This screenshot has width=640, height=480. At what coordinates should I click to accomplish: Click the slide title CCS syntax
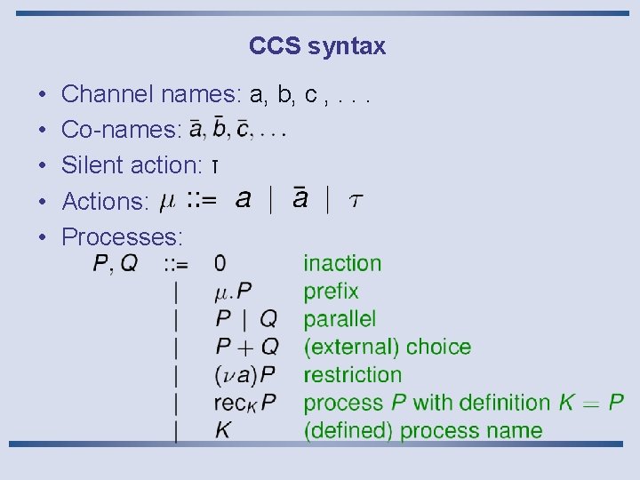(x=317, y=46)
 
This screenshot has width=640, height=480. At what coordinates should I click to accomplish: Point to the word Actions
(x=104, y=202)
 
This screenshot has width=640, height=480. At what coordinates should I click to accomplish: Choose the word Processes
(x=121, y=237)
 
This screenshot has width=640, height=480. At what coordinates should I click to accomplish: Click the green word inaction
(x=342, y=263)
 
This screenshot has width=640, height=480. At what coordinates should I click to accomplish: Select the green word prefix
(x=331, y=292)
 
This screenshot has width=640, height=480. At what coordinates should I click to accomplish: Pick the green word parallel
(x=340, y=319)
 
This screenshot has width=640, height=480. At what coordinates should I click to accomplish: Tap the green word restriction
(x=352, y=375)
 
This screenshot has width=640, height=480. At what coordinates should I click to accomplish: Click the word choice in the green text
(x=440, y=347)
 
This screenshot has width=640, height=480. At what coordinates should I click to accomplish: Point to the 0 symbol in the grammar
(x=220, y=263)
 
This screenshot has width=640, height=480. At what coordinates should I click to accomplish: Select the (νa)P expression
(x=244, y=375)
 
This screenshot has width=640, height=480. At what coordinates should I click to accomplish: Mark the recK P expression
(x=244, y=404)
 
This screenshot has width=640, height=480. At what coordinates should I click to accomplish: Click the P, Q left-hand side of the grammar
(x=116, y=264)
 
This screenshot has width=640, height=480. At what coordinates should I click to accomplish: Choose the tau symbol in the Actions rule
(x=355, y=201)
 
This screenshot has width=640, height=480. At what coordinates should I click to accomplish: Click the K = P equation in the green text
(x=591, y=403)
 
